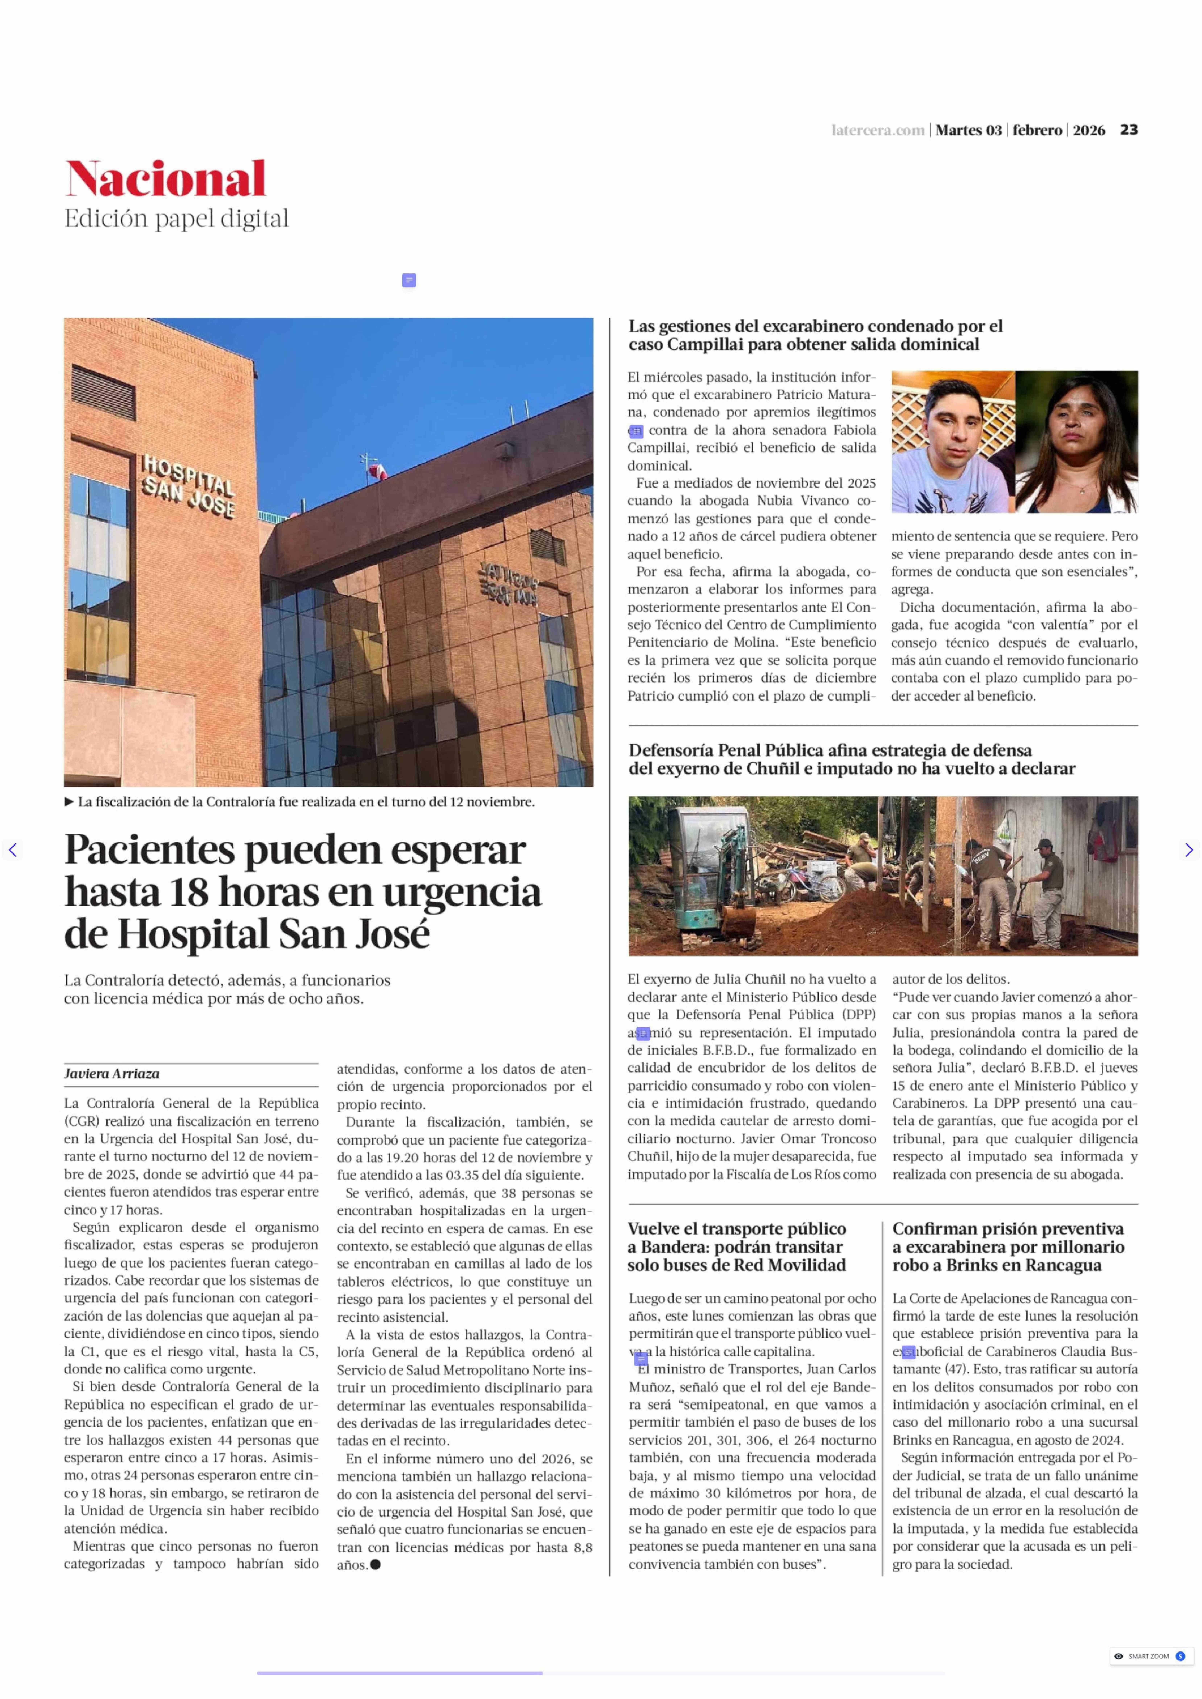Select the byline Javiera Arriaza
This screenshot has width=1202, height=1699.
(112, 1074)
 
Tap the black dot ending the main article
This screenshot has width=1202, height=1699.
(375, 1564)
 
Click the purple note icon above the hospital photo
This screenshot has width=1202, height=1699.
(409, 280)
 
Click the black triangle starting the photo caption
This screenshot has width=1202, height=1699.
(69, 801)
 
